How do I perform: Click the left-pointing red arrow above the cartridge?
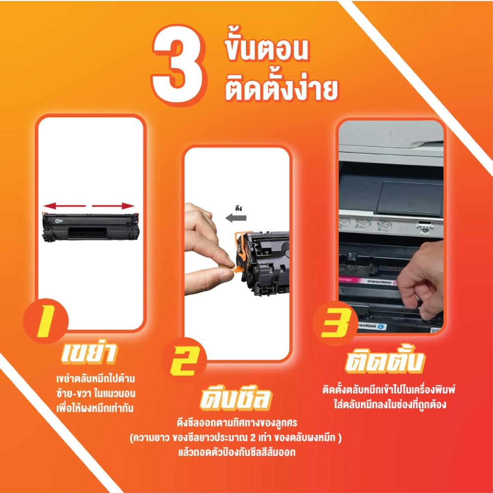point(65,206)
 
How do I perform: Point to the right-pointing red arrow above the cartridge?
point(113,206)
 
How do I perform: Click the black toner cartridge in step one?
point(91,227)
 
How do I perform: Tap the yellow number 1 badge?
point(46,321)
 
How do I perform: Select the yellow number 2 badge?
point(183,361)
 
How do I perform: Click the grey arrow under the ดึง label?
point(236,218)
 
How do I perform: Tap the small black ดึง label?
point(238,208)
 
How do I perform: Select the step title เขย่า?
point(89,353)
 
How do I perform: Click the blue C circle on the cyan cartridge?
point(382,327)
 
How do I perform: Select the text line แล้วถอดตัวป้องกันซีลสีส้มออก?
point(237,452)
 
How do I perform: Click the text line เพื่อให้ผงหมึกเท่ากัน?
point(95,408)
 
